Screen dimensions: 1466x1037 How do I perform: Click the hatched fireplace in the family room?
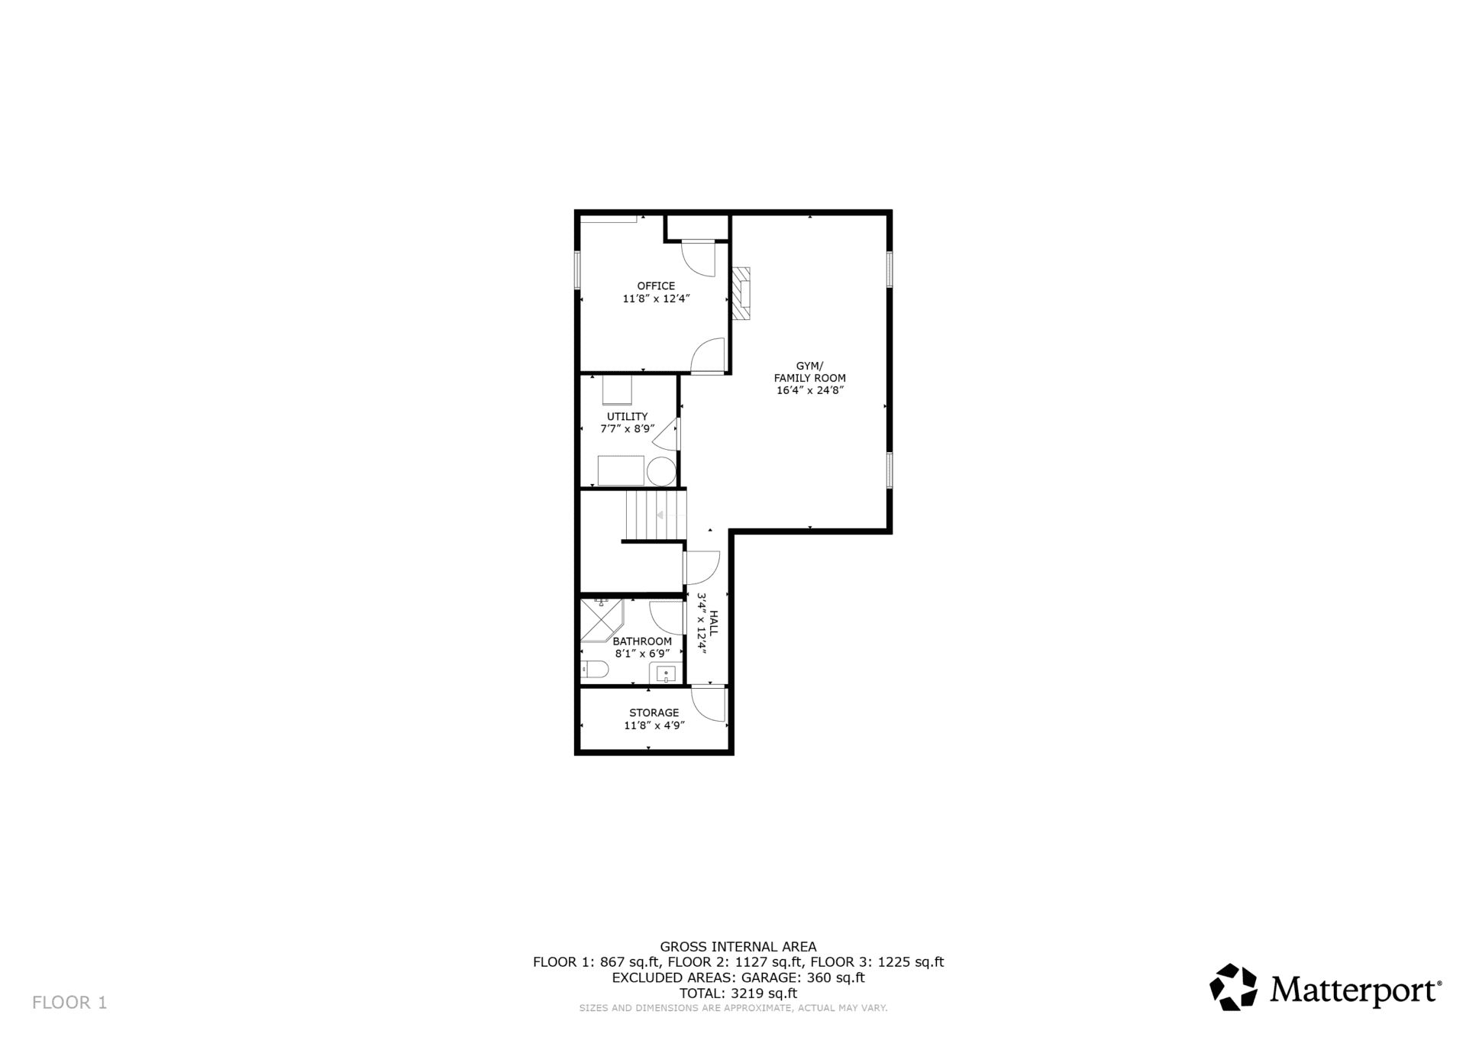pyautogui.click(x=741, y=293)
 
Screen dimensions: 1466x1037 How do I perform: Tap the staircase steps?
pyautogui.click(x=656, y=515)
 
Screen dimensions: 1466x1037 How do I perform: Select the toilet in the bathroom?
pyautogui.click(x=594, y=670)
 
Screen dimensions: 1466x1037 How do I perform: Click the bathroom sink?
pyautogui.click(x=666, y=674)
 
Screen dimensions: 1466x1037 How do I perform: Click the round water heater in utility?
pyautogui.click(x=661, y=472)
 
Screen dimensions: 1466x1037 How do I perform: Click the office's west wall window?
pyautogui.click(x=578, y=270)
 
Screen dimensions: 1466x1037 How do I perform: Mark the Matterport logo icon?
pyautogui.click(x=1233, y=987)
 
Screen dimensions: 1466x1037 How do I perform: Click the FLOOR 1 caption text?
pyautogui.click(x=69, y=1003)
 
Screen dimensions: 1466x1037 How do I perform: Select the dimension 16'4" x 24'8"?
pyautogui.click(x=809, y=390)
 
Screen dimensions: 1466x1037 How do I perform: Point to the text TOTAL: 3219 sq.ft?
pyautogui.click(x=738, y=993)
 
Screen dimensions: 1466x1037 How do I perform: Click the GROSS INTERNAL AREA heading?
pyautogui.click(x=738, y=947)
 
